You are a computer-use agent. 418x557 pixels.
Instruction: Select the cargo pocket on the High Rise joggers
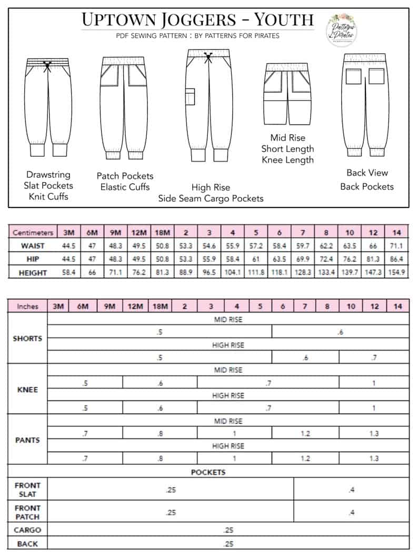190,97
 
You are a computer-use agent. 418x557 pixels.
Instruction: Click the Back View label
367,173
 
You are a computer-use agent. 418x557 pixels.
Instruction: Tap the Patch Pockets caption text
125,176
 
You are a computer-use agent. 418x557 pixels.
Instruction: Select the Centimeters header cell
33,232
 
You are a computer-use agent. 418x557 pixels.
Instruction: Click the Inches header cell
27,306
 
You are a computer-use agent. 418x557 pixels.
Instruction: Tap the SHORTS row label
27,339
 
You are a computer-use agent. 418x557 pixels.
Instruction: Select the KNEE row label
27,390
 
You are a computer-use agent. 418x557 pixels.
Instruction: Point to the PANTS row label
27,440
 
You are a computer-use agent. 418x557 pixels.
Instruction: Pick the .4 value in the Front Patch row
351,512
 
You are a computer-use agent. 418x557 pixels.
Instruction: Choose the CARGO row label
27,530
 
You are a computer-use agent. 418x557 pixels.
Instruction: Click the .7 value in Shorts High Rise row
374,358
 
